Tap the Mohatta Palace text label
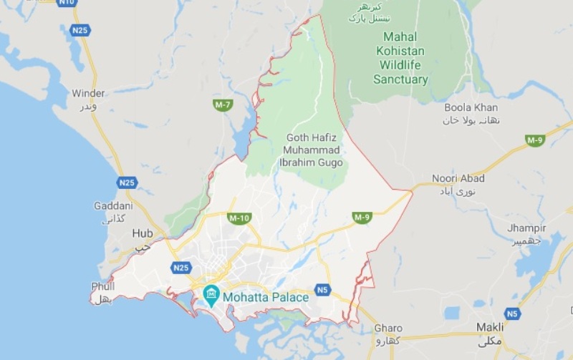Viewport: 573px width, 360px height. [266, 296]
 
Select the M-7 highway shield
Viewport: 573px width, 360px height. [223, 105]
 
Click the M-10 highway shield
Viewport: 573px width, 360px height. [239, 218]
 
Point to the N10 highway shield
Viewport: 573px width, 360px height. [67, 3]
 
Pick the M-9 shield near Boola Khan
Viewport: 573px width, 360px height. [535, 140]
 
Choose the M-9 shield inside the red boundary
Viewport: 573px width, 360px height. [362, 217]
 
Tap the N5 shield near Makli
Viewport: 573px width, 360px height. [511, 313]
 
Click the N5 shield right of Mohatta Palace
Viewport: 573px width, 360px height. [322, 290]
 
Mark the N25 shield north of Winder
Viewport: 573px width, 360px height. [80, 31]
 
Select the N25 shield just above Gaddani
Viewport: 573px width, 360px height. [127, 183]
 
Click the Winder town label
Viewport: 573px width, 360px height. [88, 93]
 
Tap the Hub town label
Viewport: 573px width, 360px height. [143, 233]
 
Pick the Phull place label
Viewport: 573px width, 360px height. [103, 286]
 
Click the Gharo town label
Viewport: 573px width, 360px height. [388, 329]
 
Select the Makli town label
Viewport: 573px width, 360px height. [490, 327]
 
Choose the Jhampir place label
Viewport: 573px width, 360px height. [526, 228]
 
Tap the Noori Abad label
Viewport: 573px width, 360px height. [458, 178]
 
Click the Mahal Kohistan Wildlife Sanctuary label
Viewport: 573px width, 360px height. [400, 57]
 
